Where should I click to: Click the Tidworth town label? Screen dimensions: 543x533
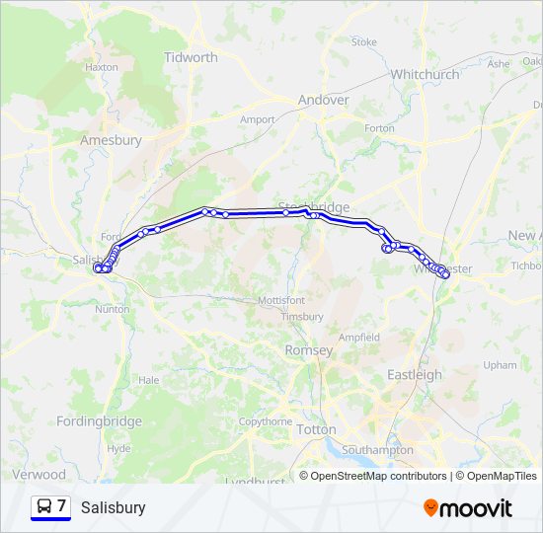click(191, 57)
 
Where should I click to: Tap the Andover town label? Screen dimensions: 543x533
click(324, 100)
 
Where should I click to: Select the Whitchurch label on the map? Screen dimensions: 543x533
click(425, 74)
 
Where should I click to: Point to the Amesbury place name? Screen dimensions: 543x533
click(111, 140)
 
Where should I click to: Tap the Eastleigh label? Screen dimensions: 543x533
click(415, 374)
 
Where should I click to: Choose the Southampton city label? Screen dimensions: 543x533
click(377, 450)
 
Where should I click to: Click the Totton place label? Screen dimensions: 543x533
click(316, 430)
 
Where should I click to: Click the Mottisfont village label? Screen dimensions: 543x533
click(281, 299)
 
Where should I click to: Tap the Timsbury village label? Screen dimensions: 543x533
click(302, 317)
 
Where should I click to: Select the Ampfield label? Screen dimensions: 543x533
click(359, 337)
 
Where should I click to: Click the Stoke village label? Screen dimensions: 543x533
click(364, 42)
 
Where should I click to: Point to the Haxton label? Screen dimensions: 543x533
click(102, 67)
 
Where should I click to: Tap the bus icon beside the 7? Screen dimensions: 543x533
click(44, 506)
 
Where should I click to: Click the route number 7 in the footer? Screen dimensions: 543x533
click(61, 506)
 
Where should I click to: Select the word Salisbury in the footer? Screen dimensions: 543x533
click(114, 507)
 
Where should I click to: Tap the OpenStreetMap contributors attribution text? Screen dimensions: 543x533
click(378, 476)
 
